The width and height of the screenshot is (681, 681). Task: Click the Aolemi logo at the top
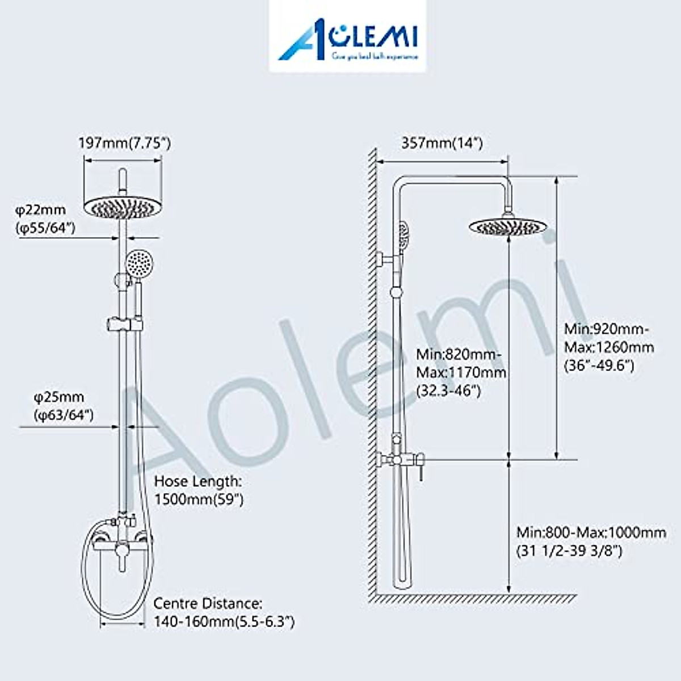[x=347, y=37]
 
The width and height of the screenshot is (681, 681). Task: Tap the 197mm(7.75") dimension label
[x=124, y=143]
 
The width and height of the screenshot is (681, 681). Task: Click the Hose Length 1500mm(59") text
[x=199, y=490]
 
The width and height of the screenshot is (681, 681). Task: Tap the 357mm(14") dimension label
[x=442, y=143]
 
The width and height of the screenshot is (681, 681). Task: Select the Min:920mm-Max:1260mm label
[x=608, y=347]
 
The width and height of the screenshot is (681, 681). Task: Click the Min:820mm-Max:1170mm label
[x=461, y=372]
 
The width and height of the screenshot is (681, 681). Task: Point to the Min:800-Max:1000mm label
[x=591, y=541]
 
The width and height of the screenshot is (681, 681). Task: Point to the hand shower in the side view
[x=402, y=233]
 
